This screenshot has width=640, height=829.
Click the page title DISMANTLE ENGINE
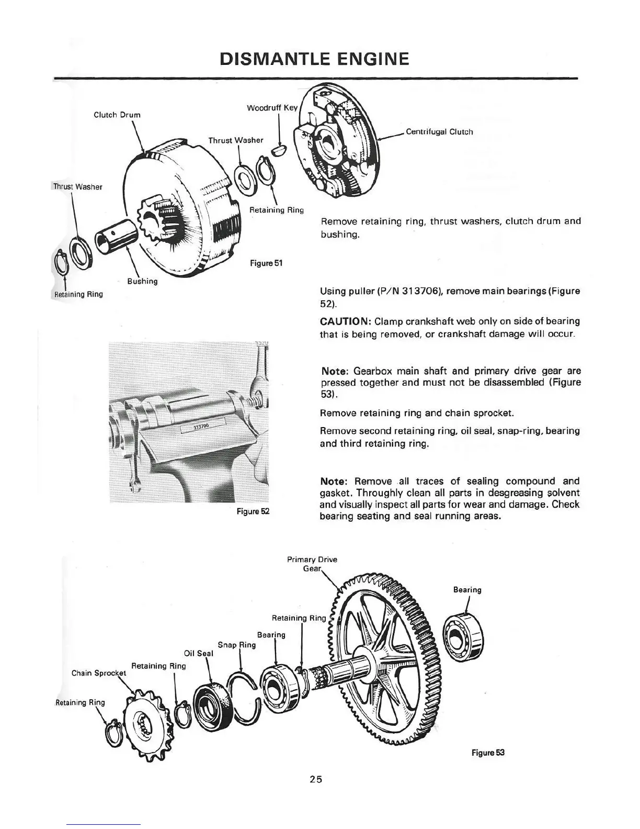(314, 59)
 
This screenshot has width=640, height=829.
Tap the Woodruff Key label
(272, 108)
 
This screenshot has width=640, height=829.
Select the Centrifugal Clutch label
(439, 132)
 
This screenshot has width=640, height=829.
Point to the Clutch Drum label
(117, 115)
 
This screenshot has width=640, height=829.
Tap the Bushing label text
(142, 281)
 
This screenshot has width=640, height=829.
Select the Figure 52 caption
(253, 511)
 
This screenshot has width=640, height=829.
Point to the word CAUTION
(345, 321)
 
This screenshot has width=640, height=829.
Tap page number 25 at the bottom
(315, 779)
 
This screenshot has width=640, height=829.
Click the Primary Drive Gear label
(312, 564)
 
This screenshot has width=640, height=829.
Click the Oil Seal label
(199, 653)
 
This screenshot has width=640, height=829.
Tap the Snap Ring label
(236, 645)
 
